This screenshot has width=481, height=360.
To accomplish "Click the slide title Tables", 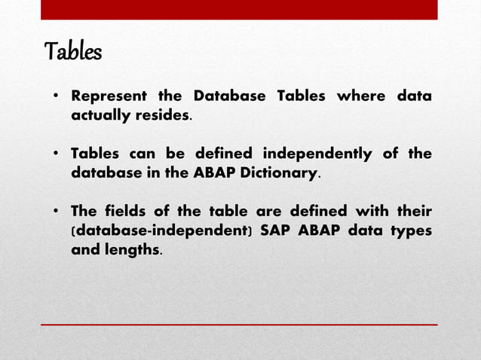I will point(73,53).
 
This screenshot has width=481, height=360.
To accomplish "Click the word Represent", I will point(108,97).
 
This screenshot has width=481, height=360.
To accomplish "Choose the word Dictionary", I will point(280,173).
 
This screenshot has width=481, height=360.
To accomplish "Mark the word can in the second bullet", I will point(143,154).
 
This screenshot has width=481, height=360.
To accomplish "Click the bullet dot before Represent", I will point(56,98).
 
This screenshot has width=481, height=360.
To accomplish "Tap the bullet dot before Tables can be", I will point(56,155).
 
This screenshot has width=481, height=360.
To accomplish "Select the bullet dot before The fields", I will point(56,212).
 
